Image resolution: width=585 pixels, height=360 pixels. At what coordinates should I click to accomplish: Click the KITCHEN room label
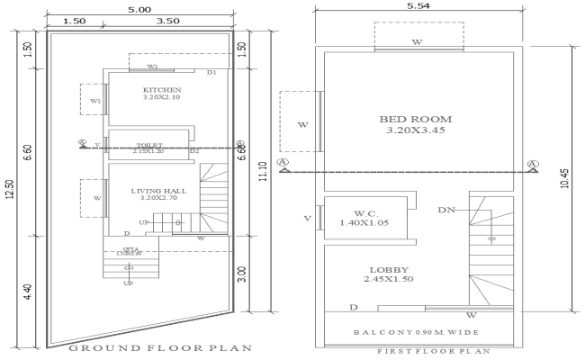162,90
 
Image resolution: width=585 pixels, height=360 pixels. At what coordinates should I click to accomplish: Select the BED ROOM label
415,119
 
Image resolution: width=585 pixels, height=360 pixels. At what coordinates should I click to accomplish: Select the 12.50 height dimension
9,190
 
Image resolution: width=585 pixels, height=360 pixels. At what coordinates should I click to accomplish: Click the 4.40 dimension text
28,292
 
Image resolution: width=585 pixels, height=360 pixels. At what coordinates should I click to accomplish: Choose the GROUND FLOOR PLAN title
148,347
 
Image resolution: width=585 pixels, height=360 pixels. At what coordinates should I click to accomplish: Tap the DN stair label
445,210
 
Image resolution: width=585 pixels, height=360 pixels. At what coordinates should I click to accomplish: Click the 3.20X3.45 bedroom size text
415,130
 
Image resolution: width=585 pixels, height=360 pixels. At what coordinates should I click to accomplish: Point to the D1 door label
211,72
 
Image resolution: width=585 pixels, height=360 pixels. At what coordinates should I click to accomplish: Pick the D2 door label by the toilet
193,151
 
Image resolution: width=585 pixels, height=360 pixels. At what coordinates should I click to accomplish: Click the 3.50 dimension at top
166,20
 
